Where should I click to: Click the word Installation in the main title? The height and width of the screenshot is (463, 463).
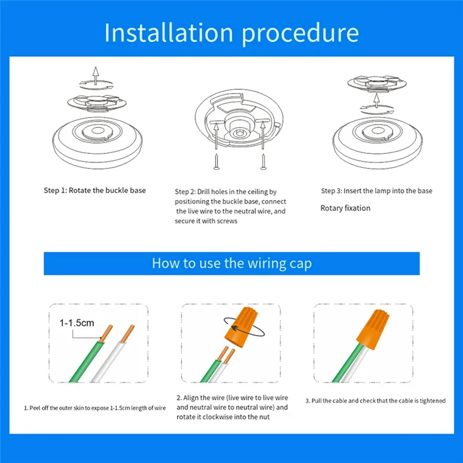[169, 32]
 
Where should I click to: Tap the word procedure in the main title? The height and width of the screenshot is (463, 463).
[300, 34]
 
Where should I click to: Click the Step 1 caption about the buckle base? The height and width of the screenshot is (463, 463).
[95, 190]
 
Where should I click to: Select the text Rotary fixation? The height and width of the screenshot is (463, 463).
[345, 208]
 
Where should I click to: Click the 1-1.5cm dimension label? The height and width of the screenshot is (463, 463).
[77, 323]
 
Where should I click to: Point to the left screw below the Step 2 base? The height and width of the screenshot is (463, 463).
[216, 161]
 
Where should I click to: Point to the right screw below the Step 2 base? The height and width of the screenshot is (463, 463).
[263, 161]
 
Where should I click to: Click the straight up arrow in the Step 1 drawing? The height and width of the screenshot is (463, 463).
[95, 76]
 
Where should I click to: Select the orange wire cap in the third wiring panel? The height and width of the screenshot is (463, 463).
[373, 329]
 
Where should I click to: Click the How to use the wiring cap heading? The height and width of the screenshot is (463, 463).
[232, 263]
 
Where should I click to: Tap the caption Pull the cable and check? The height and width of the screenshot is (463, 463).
[375, 400]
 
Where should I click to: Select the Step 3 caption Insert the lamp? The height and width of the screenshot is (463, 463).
[377, 191]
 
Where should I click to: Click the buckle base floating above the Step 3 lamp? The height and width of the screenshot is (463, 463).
[377, 84]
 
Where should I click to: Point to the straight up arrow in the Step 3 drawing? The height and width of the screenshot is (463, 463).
[376, 101]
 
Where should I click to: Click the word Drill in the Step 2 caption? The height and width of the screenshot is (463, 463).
[204, 192]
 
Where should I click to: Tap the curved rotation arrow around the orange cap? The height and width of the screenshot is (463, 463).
[244, 326]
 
